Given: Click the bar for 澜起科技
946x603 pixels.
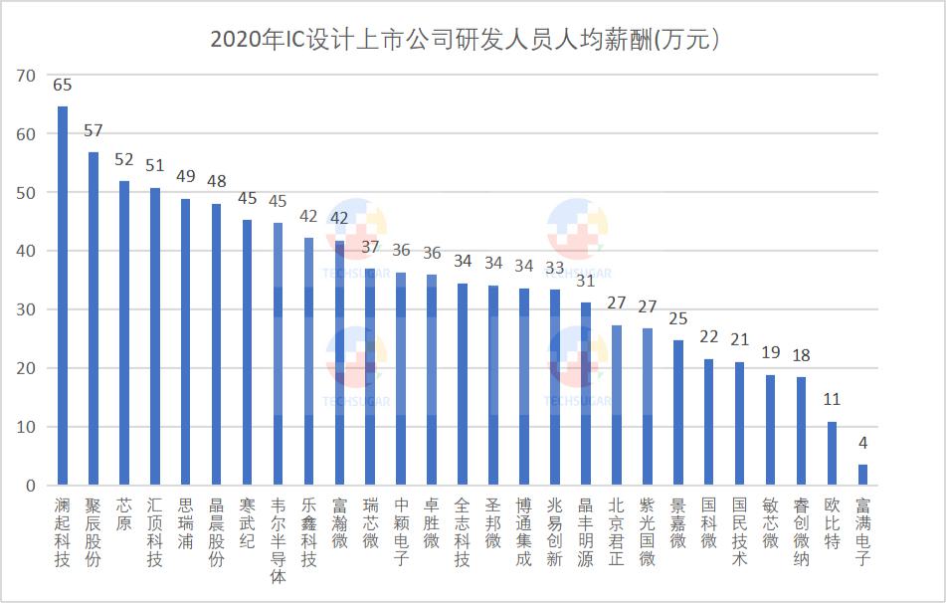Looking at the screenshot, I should pyautogui.click(x=63, y=296).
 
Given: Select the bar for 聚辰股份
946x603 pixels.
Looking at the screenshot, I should pyautogui.click(x=94, y=318).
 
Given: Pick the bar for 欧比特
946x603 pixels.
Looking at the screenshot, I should pyautogui.click(x=833, y=454).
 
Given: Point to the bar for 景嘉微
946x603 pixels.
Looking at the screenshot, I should pyautogui.click(x=678, y=413).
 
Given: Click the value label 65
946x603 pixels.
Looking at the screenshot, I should pyautogui.click(x=63, y=86).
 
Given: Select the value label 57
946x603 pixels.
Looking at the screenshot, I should pyautogui.click(x=94, y=131).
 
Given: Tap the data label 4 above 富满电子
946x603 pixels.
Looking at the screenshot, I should pyautogui.click(x=863, y=443).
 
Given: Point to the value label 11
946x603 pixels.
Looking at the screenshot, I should pyautogui.click(x=833, y=400).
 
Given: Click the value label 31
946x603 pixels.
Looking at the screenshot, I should pyautogui.click(x=587, y=282).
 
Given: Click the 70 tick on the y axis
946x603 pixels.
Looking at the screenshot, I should pyautogui.click(x=26, y=76).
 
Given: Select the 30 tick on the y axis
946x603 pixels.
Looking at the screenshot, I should pyautogui.click(x=26, y=309).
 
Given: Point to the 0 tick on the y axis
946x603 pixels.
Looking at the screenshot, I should pyautogui.click(x=30, y=486).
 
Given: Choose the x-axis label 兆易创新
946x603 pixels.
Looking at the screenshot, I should pyautogui.click(x=555, y=532).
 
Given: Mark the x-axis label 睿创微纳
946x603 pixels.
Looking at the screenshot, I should pyautogui.click(x=802, y=532).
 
